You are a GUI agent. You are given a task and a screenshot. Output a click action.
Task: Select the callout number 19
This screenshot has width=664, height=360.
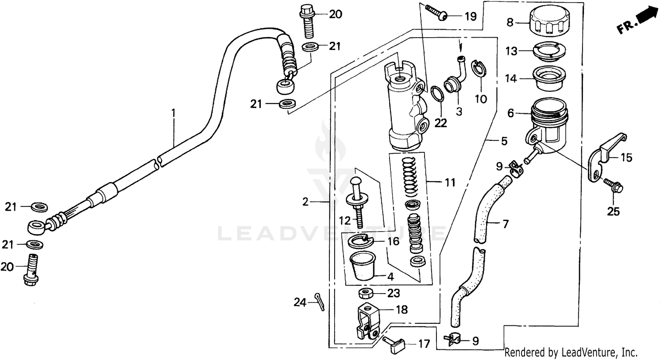470,17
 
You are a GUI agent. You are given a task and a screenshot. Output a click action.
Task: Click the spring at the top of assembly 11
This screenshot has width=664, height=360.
412,176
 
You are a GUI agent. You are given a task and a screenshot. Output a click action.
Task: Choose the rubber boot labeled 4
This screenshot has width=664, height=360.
363,266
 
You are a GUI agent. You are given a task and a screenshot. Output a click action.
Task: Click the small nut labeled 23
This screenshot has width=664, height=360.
366,293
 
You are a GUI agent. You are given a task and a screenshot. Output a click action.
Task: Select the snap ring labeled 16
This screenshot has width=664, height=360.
361,241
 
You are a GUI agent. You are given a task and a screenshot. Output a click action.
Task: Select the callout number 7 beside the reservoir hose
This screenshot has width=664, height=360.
506,224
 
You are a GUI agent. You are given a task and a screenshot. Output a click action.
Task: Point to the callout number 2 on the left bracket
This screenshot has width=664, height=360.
305,202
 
